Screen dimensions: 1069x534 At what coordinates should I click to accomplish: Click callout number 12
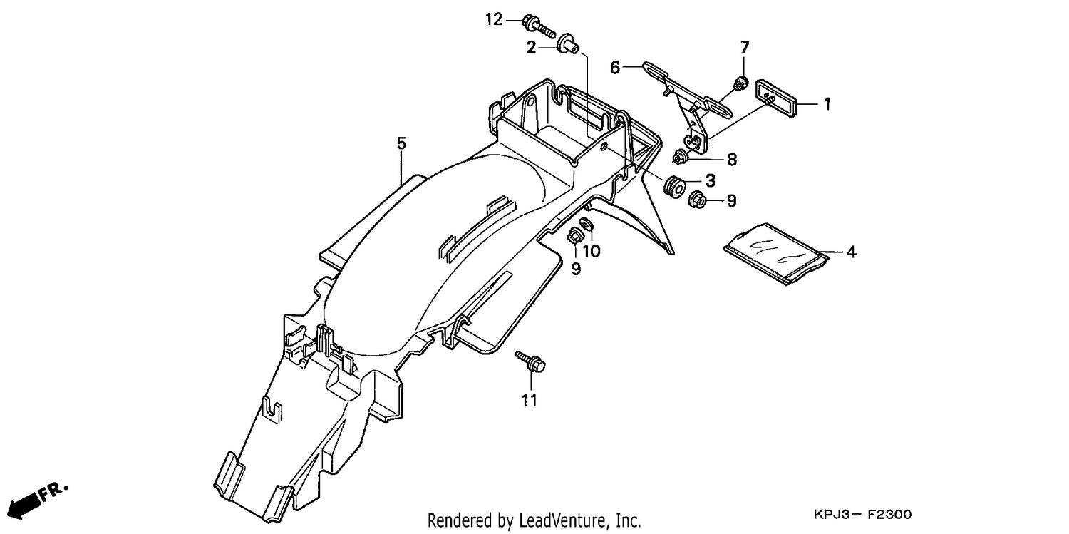tap(494, 19)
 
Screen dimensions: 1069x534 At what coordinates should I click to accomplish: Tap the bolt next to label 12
tap(539, 26)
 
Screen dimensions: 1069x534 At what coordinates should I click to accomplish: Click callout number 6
tap(615, 68)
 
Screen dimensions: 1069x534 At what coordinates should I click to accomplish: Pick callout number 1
tap(827, 104)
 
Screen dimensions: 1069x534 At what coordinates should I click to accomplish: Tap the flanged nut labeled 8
tap(680, 156)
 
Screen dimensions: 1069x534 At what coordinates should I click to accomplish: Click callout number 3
tap(711, 180)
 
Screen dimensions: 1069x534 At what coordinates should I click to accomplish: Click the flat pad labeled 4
tap(777, 254)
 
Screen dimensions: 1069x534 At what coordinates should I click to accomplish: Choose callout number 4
tap(852, 252)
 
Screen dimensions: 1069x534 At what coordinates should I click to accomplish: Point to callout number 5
tap(401, 143)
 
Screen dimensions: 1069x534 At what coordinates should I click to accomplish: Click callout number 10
tap(592, 251)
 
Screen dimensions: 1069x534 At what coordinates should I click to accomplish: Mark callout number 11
tap(530, 401)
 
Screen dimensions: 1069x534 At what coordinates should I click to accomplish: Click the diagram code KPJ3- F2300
tap(862, 515)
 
